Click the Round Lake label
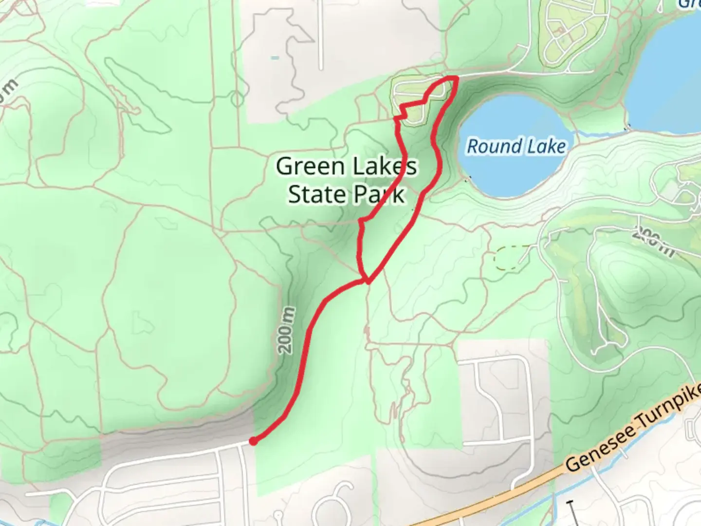click(x=516, y=146)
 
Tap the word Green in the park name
click(x=310, y=167)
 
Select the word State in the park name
click(x=316, y=194)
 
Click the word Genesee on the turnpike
click(x=601, y=449)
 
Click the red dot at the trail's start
click(x=253, y=441)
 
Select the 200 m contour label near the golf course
click(x=653, y=242)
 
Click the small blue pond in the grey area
click(x=275, y=58)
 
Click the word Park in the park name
click(x=380, y=194)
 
